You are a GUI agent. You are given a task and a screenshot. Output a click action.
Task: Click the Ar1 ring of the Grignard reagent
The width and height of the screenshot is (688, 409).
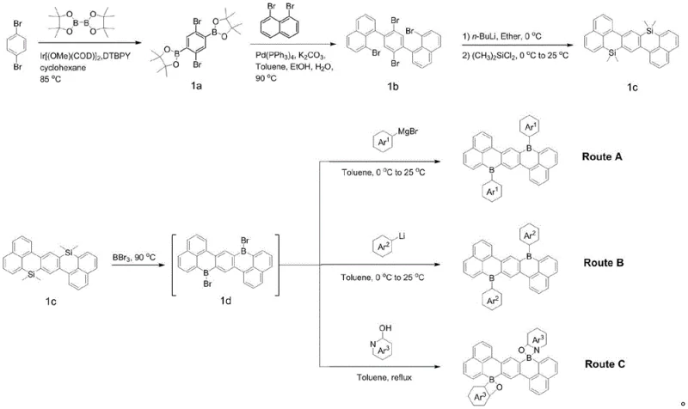pyautogui.click(x=370, y=141)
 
